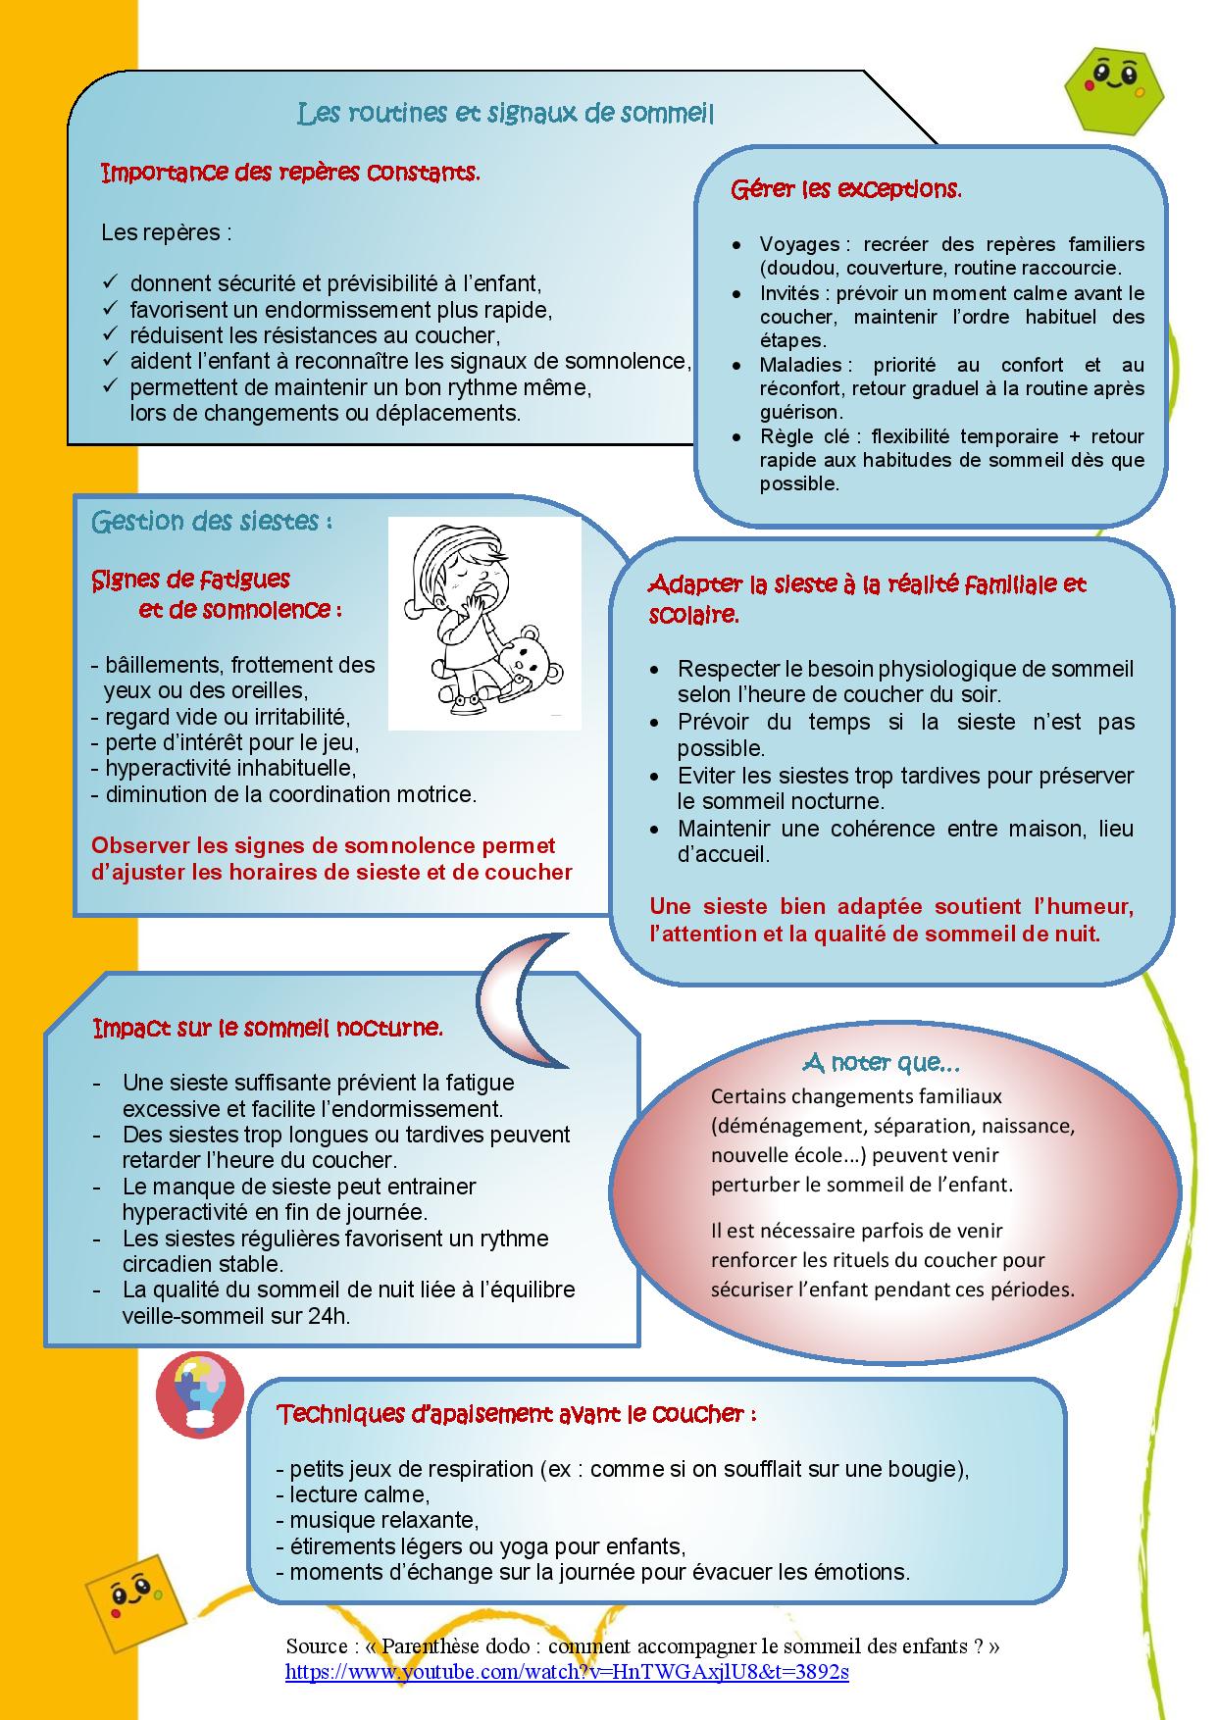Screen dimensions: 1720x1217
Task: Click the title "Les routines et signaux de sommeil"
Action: [x=505, y=114]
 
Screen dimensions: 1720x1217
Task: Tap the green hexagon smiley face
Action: [x=1114, y=87]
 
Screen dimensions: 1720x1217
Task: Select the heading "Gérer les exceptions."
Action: [x=845, y=189]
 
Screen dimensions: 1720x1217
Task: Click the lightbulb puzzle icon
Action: [x=199, y=1393]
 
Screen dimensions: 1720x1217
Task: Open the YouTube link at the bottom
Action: [x=567, y=1672]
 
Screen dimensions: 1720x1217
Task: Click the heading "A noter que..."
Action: [x=881, y=1062]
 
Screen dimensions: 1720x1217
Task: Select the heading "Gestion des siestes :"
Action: [x=212, y=521]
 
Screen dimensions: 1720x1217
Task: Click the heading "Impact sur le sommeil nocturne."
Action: [x=268, y=1028]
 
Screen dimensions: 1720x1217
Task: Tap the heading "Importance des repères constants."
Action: [x=290, y=174]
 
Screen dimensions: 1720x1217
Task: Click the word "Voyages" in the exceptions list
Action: [x=799, y=244]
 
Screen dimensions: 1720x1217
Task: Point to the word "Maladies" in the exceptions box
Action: [x=800, y=365]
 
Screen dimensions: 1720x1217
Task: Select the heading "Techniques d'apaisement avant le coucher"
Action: [x=517, y=1414]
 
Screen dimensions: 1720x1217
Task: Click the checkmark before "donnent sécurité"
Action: [x=111, y=283]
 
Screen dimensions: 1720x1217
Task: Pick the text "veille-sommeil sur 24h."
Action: [x=235, y=1316]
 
